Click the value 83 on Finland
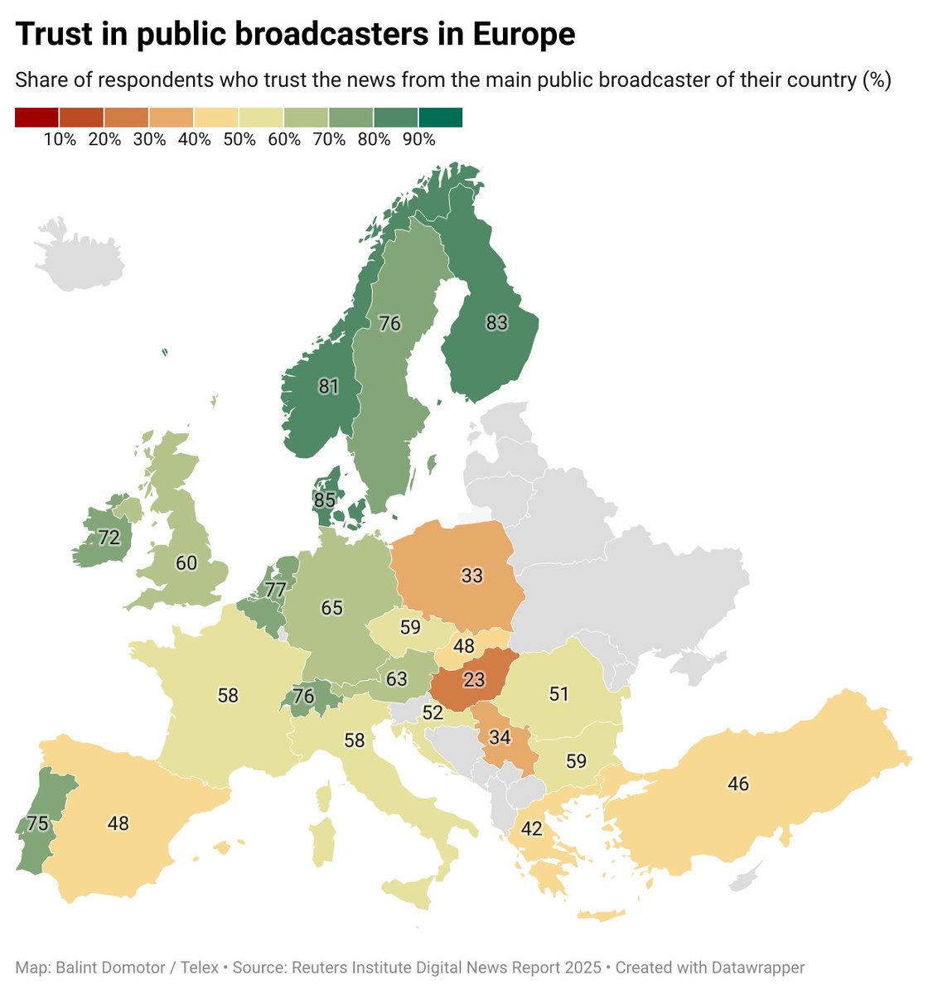496,323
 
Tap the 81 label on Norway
329,386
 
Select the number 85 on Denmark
325,500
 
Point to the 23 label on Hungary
474,680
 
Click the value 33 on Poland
472,575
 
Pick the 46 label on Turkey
738,784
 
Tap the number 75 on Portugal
37,823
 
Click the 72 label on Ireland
109,538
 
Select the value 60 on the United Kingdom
186,563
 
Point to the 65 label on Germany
332,608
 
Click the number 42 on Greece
532,828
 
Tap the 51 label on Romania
559,693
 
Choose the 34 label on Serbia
500,737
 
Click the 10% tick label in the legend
60,140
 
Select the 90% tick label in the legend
418,140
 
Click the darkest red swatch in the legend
36,118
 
